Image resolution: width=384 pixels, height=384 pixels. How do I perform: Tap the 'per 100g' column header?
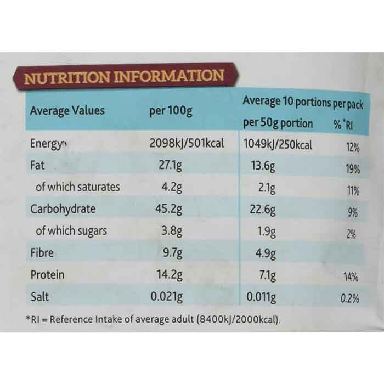pos(171,111)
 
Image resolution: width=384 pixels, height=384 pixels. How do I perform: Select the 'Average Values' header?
pos(67,110)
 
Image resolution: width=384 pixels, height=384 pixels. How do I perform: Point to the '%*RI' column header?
pos(343,125)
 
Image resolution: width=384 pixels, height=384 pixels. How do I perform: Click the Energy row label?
pos(47,144)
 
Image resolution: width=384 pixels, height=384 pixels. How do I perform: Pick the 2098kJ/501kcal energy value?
pos(187,144)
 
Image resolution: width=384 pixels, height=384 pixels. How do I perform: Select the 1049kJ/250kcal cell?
pos(277,145)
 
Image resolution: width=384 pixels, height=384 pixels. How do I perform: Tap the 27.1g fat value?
pos(171,166)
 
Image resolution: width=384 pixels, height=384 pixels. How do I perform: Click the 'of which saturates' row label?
pos(77,187)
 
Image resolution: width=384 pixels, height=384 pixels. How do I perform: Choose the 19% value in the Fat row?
pos(353,169)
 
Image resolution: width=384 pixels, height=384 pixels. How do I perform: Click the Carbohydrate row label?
pos(63,209)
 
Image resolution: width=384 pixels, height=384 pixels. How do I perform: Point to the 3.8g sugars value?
pos(172,231)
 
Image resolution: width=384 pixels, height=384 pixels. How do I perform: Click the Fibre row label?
pos(43,253)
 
